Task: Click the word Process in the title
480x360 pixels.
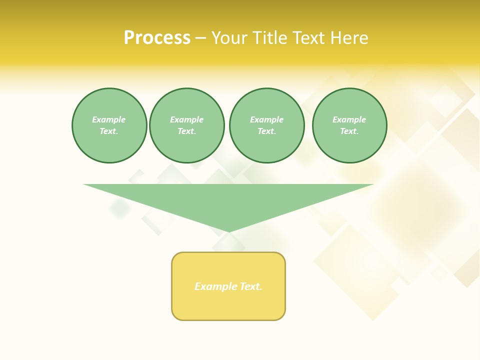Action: pos(157,38)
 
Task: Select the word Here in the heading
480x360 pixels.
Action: pos(349,38)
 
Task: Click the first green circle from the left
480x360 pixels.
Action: pos(109,125)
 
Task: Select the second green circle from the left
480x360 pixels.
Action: pos(187,125)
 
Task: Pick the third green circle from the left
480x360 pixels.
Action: pos(267,125)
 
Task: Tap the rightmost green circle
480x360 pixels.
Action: pos(349,125)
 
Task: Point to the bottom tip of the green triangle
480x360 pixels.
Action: pos(229,231)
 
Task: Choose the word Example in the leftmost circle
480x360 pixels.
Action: pos(109,119)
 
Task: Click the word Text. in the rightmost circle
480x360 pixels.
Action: pos(349,131)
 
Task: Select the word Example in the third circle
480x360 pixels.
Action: pos(267,119)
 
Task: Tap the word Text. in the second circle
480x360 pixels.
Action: pos(187,131)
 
